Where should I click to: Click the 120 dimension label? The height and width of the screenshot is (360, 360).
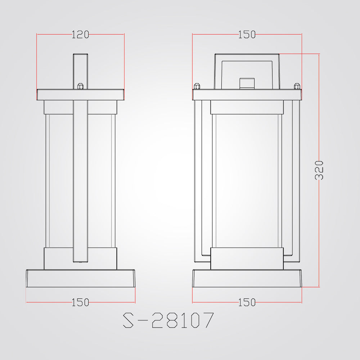click(80, 35)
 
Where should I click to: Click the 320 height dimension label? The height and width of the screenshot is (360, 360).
click(319, 170)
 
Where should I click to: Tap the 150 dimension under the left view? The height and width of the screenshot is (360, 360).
click(80, 302)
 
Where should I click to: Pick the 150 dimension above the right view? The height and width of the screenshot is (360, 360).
click(247, 35)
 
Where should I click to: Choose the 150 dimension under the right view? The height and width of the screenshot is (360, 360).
click(247, 302)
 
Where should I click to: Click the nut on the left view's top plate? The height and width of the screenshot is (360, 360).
click(80, 86)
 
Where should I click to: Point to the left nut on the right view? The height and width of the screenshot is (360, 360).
click(197, 86)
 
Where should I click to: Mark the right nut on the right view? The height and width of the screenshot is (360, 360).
click(297, 86)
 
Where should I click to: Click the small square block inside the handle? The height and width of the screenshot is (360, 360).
click(247, 84)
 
